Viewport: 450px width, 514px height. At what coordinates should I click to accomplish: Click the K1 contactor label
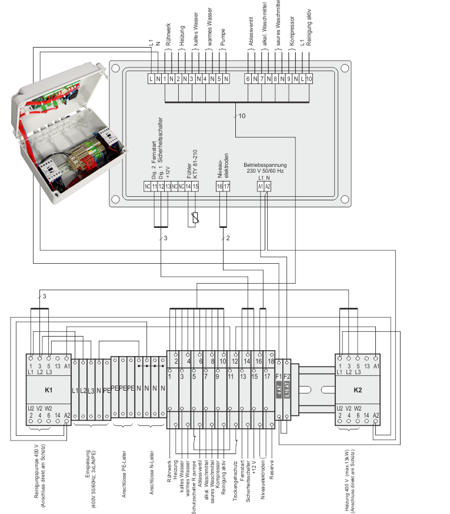49,389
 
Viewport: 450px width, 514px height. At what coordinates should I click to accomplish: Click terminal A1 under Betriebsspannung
260,186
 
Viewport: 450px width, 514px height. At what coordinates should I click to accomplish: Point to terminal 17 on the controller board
226,186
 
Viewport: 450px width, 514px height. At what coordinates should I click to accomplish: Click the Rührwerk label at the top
168,35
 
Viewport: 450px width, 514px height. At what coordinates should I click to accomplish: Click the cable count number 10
242,116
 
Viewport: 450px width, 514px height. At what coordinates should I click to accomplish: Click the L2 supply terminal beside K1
83,390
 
